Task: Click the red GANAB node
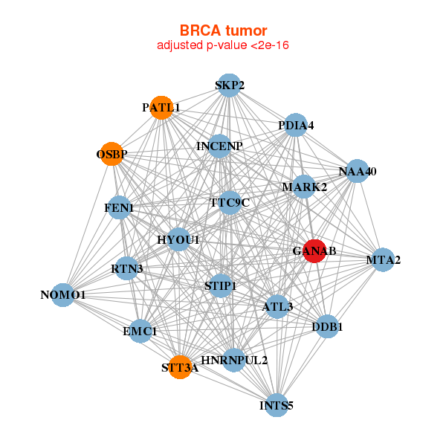click(x=314, y=251)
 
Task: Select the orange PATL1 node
click(x=161, y=108)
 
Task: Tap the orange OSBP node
click(x=111, y=154)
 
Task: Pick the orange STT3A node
click(x=180, y=367)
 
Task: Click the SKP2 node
click(x=229, y=85)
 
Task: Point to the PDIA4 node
click(x=296, y=125)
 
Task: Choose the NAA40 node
click(x=358, y=171)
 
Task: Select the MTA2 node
click(x=383, y=259)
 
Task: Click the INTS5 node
click(x=277, y=405)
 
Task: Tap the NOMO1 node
click(x=63, y=295)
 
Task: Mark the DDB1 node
click(x=327, y=326)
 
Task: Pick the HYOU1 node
click(x=178, y=239)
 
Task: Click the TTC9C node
click(x=230, y=203)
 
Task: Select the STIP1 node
click(x=221, y=285)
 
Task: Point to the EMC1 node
click(x=140, y=331)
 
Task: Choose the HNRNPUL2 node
click(x=234, y=360)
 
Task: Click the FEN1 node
click(x=119, y=207)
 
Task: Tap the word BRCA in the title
click(x=200, y=30)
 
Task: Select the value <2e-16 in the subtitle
click(x=270, y=45)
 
